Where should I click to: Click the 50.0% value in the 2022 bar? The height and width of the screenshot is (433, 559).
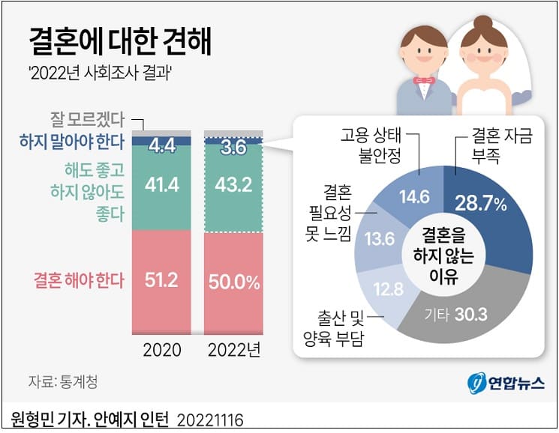tap(235, 282)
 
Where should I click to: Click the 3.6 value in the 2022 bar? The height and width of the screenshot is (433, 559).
tap(234, 148)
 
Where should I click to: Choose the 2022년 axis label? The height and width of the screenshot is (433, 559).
tap(234, 351)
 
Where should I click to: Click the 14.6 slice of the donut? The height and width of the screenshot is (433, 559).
tap(415, 199)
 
